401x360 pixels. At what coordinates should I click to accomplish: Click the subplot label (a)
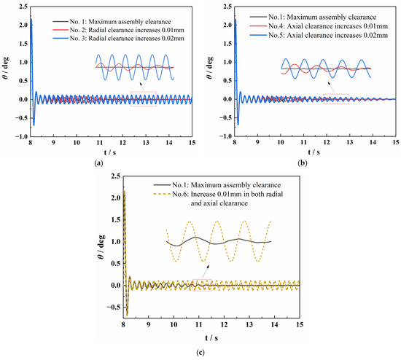pos(98,164)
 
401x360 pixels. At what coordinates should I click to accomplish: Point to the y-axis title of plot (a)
pos(7,75)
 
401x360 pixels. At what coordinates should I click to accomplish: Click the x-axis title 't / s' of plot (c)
pos(204,336)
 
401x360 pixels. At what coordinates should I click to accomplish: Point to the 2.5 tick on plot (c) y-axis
pos(112,177)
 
